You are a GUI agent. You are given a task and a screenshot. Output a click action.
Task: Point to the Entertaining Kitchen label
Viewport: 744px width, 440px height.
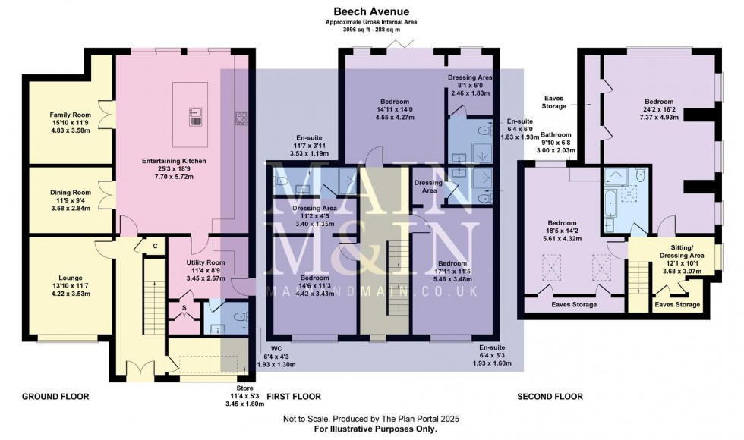point(175,162)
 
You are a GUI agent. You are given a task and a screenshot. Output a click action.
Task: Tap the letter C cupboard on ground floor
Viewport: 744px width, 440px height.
point(155,245)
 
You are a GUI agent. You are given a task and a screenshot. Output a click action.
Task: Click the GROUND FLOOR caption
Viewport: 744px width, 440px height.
point(55,397)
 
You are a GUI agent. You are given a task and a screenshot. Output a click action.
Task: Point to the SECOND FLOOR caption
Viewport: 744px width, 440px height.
point(550,397)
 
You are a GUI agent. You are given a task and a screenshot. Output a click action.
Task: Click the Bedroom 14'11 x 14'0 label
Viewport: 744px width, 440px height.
point(395,102)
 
